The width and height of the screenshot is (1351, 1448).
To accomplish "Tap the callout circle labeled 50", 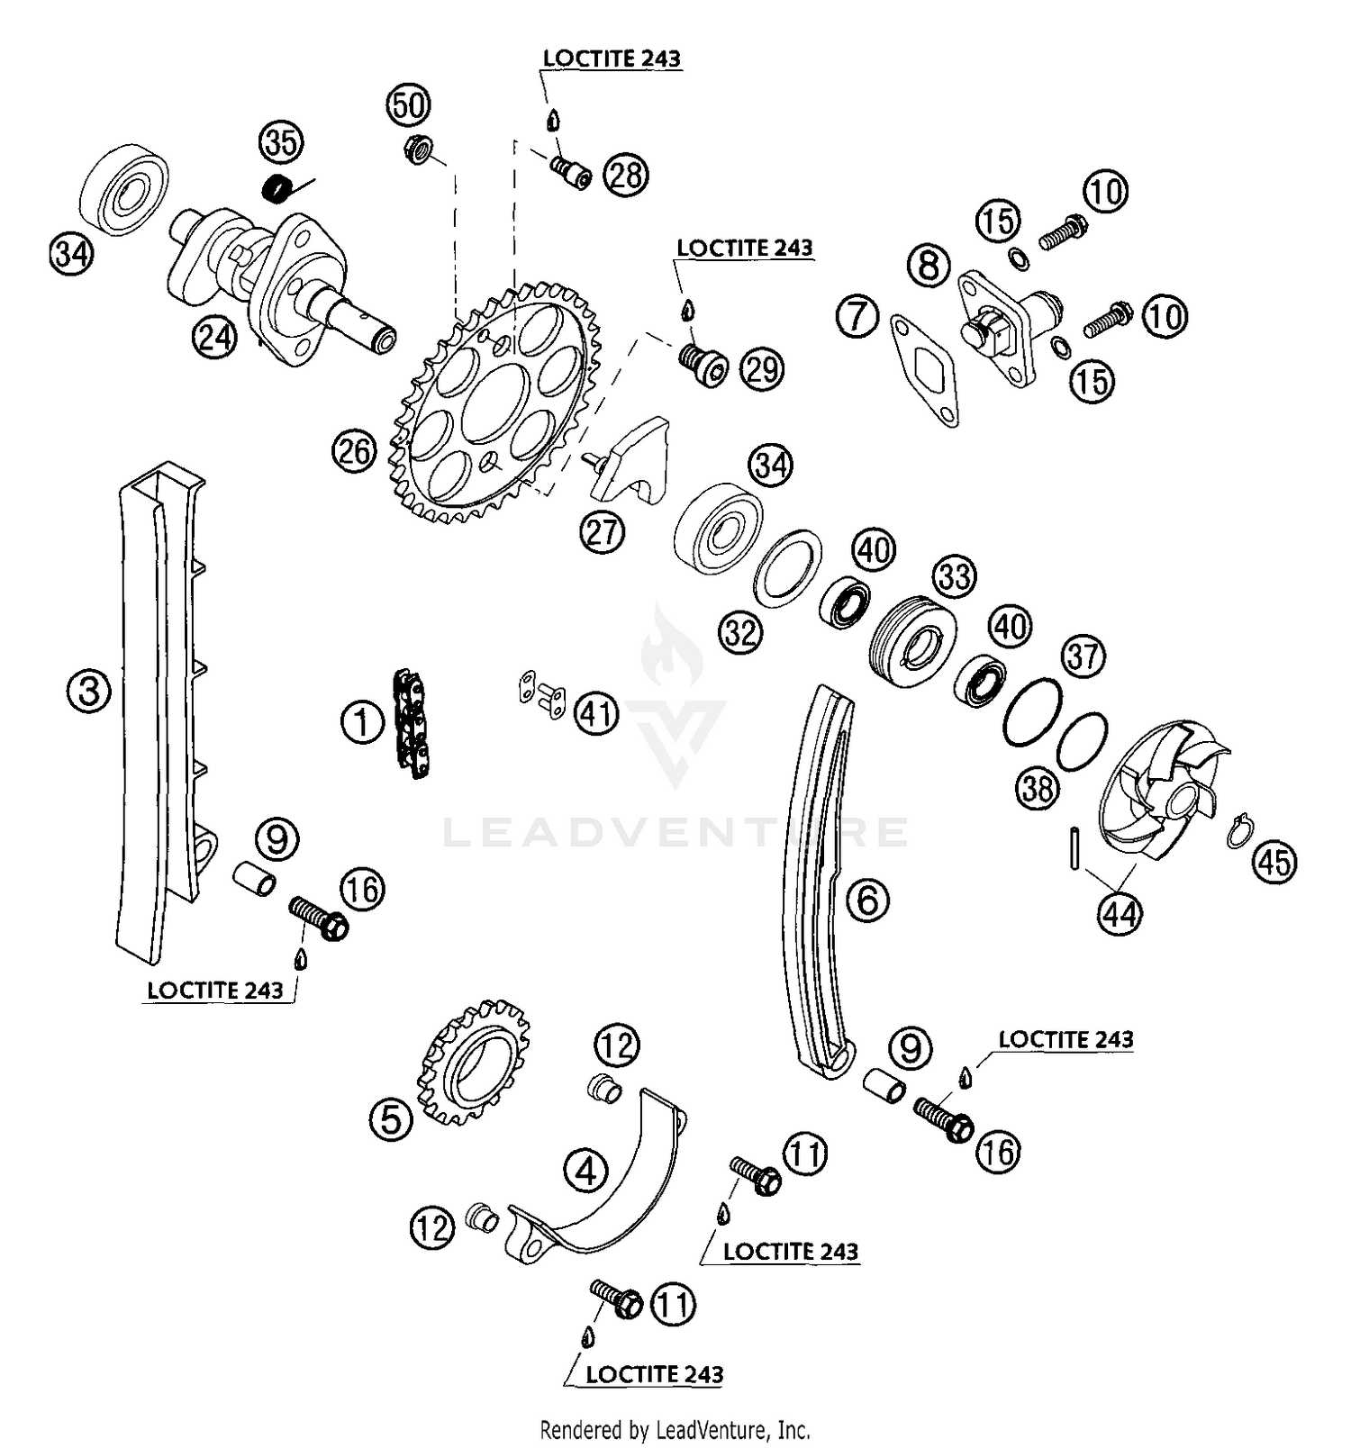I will click(409, 105).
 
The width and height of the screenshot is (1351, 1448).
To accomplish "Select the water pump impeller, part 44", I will click(1162, 788).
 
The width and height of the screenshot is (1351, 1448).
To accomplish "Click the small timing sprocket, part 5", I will click(474, 1062).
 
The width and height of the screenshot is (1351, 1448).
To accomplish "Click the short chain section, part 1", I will click(410, 723).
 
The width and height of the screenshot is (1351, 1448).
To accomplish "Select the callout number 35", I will click(281, 142).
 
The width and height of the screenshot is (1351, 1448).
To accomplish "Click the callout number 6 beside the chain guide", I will click(868, 899).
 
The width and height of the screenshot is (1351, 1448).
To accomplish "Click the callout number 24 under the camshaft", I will click(215, 339).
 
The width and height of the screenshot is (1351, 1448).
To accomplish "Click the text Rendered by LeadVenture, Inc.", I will click(675, 1429).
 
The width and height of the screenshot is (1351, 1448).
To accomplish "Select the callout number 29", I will click(762, 368).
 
